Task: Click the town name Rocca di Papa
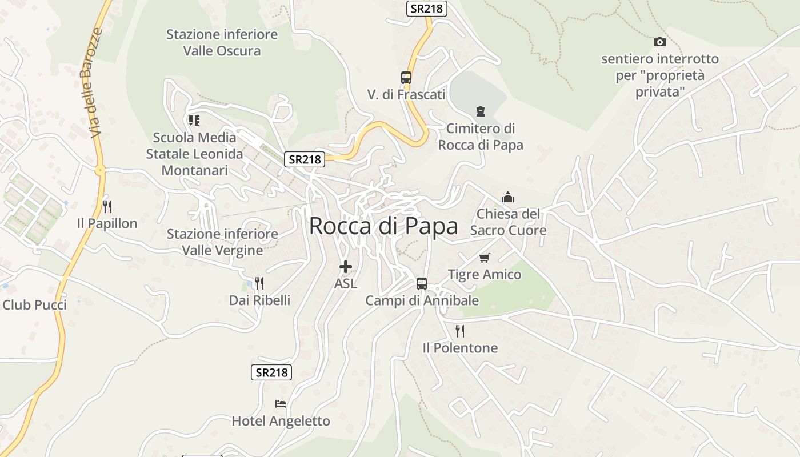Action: [383, 226]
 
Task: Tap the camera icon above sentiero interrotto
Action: [659, 42]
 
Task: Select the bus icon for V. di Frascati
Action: [406, 78]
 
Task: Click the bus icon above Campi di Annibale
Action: [421, 283]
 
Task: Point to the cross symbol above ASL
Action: [345, 266]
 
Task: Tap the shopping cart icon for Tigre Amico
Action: [485, 258]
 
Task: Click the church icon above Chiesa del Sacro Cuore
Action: [507, 198]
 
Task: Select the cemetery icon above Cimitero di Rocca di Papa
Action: [480, 111]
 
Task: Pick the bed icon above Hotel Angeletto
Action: [281, 404]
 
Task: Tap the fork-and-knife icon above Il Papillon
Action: [107, 206]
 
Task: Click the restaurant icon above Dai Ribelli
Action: [259, 283]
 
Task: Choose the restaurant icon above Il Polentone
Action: [459, 331]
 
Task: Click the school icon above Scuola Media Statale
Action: [194, 121]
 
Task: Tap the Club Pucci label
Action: [34, 305]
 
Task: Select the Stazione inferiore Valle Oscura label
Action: [222, 42]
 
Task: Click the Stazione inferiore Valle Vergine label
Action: [222, 242]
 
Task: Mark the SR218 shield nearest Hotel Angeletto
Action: [271, 372]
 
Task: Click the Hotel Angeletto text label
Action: [281, 422]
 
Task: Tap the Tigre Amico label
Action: [485, 275]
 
